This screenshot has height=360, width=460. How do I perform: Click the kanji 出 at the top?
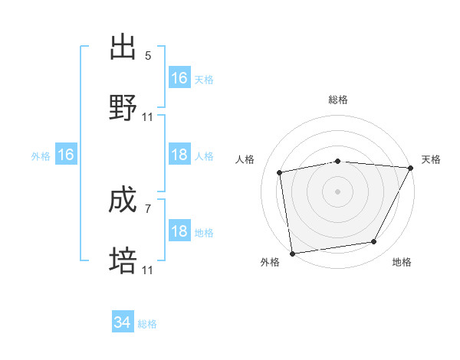pyautogui.click(x=123, y=47)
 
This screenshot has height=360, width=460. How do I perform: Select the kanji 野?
pyautogui.click(x=123, y=108)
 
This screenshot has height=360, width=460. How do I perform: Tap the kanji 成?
pyautogui.click(x=123, y=201)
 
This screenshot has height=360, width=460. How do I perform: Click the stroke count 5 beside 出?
pyautogui.click(x=148, y=56)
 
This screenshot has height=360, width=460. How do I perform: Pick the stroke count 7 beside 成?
pyautogui.click(x=148, y=208)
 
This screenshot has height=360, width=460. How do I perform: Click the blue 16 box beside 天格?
pyautogui.click(x=179, y=78)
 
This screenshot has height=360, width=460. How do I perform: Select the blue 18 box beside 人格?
pyautogui.click(x=179, y=155)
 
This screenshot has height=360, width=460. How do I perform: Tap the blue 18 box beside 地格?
pyautogui.click(x=179, y=231)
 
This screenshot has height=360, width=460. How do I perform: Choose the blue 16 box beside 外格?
pyautogui.click(x=66, y=155)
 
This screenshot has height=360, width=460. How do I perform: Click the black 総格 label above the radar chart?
pyautogui.click(x=338, y=100)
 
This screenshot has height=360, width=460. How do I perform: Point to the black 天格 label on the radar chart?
pyautogui.click(x=431, y=159)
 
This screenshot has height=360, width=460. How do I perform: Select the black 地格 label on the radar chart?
pyautogui.click(x=402, y=263)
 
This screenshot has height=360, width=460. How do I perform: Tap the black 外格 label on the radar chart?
pyautogui.click(x=270, y=263)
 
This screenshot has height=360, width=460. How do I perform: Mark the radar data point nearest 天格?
pyautogui.click(x=412, y=168)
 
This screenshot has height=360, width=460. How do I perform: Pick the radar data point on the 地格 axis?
pyautogui.click(x=374, y=242)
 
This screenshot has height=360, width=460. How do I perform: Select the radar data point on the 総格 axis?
pyautogui.click(x=338, y=161)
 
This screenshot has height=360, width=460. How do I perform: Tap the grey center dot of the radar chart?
pyautogui.click(x=338, y=191)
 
